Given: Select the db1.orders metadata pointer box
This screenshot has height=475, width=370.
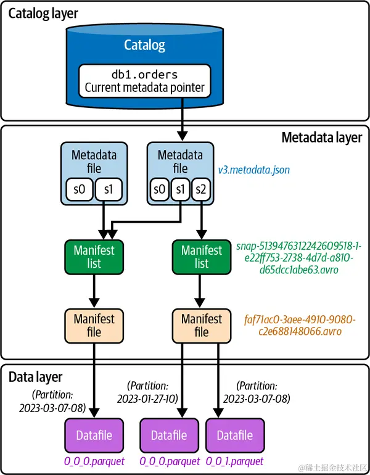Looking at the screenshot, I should tap(144, 81).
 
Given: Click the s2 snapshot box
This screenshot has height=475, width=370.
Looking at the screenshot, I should tap(200, 190).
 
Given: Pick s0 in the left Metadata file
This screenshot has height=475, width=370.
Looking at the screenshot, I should tap(78, 190).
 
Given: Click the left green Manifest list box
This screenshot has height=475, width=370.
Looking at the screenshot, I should tap(94, 257).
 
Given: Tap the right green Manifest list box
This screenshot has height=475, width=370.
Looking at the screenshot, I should tap(202, 257).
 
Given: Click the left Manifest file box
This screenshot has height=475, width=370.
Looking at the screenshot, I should tap(94, 325).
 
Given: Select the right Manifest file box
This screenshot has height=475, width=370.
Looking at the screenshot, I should tap(202, 325).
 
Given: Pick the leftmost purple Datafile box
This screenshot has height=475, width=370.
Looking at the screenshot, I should tap(94, 436).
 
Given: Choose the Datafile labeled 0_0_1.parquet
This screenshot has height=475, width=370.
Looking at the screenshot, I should tap(235, 436).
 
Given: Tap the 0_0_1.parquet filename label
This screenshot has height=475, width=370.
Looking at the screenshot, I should tap(235, 461).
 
